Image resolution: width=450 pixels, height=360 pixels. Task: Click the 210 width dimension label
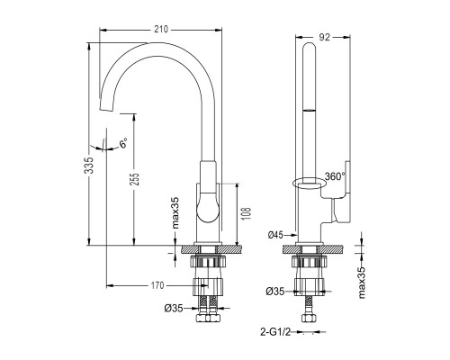[x=161, y=30]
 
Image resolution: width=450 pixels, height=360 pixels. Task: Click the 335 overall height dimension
[x=89, y=166]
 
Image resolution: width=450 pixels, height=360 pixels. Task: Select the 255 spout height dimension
[x=135, y=179]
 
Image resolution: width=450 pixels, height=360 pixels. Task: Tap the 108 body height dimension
[x=246, y=213]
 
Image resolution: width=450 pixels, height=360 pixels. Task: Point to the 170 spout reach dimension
[x=157, y=285]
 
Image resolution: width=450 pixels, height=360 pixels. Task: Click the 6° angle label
[x=123, y=143]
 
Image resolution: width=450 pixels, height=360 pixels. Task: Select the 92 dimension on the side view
[x=324, y=37]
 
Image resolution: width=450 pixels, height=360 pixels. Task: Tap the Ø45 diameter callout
[x=275, y=235]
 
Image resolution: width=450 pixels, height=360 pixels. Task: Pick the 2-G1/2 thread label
[x=275, y=332]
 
